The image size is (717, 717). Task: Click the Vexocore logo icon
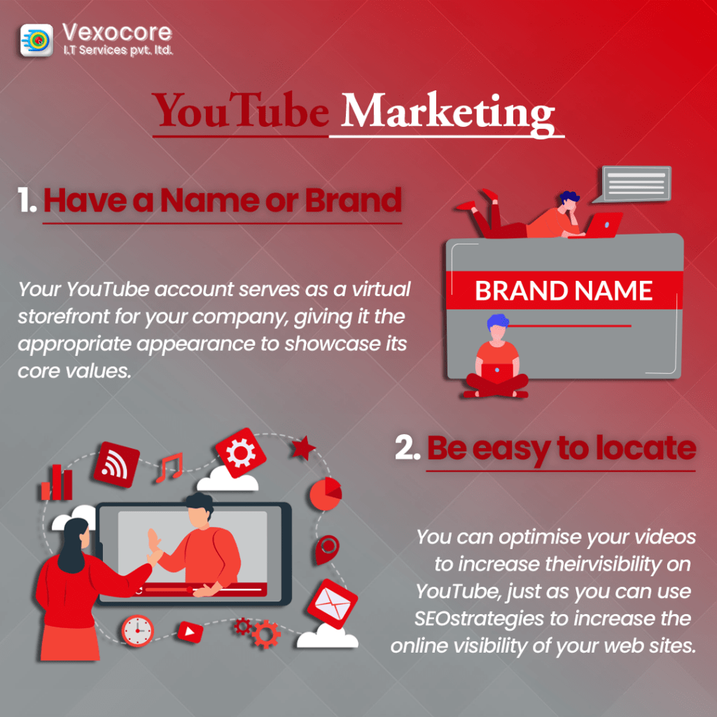click(36, 40)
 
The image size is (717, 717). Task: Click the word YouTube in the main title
click(241, 111)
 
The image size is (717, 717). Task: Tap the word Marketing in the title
click(447, 113)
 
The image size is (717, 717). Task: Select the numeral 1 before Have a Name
click(26, 200)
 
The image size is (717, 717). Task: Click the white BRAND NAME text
click(564, 291)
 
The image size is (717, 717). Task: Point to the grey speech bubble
click(633, 184)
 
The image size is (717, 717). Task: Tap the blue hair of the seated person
click(497, 321)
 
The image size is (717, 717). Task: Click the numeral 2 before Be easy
click(407, 448)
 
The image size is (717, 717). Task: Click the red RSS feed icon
click(116, 465)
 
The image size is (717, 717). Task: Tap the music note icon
click(169, 467)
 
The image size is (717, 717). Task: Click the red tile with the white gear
click(241, 453)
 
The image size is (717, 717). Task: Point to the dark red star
click(302, 447)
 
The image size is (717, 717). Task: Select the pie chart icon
click(326, 494)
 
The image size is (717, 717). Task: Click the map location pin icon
click(328, 549)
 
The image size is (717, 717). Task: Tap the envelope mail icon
click(333, 604)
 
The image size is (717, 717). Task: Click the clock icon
click(137, 631)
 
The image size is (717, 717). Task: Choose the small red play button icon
click(190, 632)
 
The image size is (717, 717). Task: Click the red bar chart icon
click(57, 482)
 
